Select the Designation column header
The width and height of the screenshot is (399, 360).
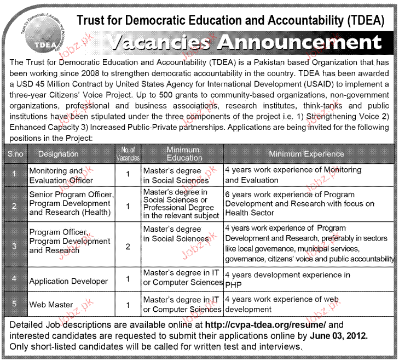(x=59, y=154)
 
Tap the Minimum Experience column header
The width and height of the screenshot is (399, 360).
(x=307, y=154)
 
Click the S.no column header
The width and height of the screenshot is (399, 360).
(x=14, y=154)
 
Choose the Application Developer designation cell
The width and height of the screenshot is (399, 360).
(x=68, y=281)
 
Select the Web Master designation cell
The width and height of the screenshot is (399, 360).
(x=51, y=305)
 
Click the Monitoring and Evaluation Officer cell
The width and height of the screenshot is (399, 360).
(x=61, y=175)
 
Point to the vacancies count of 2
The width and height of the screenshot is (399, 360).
(x=128, y=247)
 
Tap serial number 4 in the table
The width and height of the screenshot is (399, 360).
(x=14, y=279)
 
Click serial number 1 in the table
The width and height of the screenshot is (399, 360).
(x=14, y=175)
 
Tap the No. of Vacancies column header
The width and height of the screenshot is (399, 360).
(x=128, y=154)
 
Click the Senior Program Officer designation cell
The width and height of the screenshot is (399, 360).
(x=71, y=204)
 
